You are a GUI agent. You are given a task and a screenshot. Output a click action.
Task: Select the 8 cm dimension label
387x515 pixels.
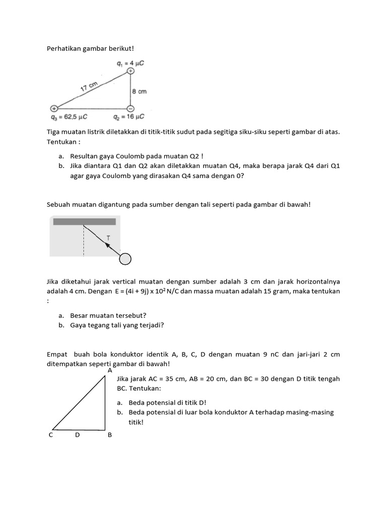139,92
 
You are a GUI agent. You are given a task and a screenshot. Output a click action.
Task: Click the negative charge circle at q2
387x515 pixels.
130,108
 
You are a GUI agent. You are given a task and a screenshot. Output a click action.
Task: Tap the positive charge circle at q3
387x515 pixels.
54,108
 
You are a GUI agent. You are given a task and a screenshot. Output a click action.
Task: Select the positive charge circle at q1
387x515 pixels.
131,71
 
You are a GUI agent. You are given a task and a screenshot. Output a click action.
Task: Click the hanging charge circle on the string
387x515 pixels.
125,259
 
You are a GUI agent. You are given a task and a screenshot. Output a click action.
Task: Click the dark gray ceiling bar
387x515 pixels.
84,221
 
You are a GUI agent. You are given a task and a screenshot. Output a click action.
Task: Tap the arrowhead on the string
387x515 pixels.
107,245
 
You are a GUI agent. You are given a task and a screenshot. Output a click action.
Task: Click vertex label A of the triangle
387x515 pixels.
110,371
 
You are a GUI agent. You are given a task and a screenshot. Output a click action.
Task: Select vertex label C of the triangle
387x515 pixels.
51,436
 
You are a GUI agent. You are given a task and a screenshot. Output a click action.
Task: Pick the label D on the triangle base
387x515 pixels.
78,436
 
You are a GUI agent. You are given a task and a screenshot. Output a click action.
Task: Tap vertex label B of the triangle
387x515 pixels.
110,436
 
